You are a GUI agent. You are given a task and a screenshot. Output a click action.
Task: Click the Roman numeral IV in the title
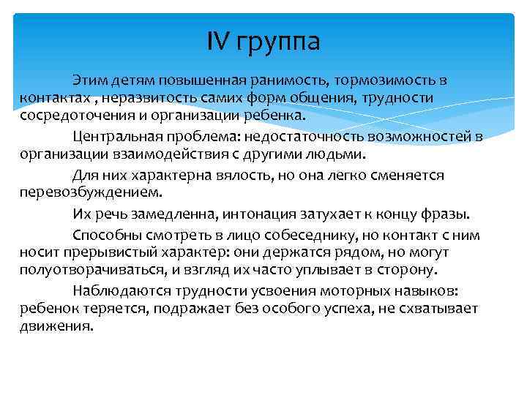pyautogui.click(x=219, y=42)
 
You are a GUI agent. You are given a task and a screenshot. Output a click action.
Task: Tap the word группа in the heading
pyautogui.click(x=277, y=44)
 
